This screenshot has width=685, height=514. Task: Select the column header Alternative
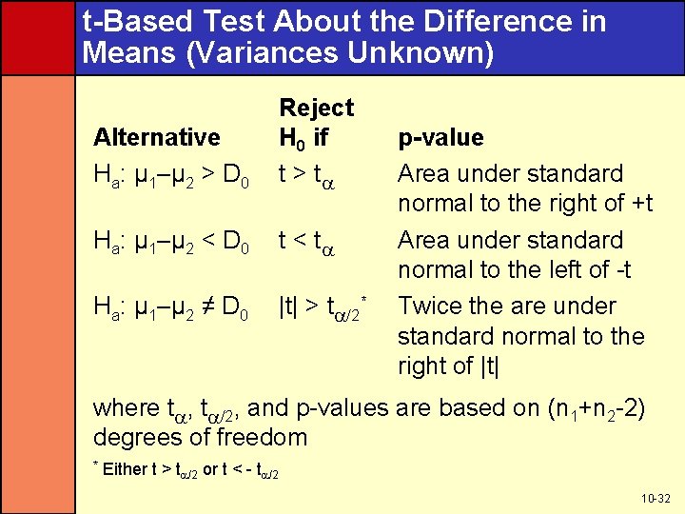coord(156,137)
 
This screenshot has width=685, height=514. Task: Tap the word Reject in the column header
coord(315,108)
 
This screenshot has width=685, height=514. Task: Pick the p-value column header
coord(440,137)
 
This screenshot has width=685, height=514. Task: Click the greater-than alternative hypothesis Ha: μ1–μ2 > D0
coord(172,175)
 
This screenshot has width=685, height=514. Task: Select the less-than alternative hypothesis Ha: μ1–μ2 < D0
coord(172,242)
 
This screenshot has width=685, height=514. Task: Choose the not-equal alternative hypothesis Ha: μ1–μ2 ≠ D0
coord(172,308)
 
